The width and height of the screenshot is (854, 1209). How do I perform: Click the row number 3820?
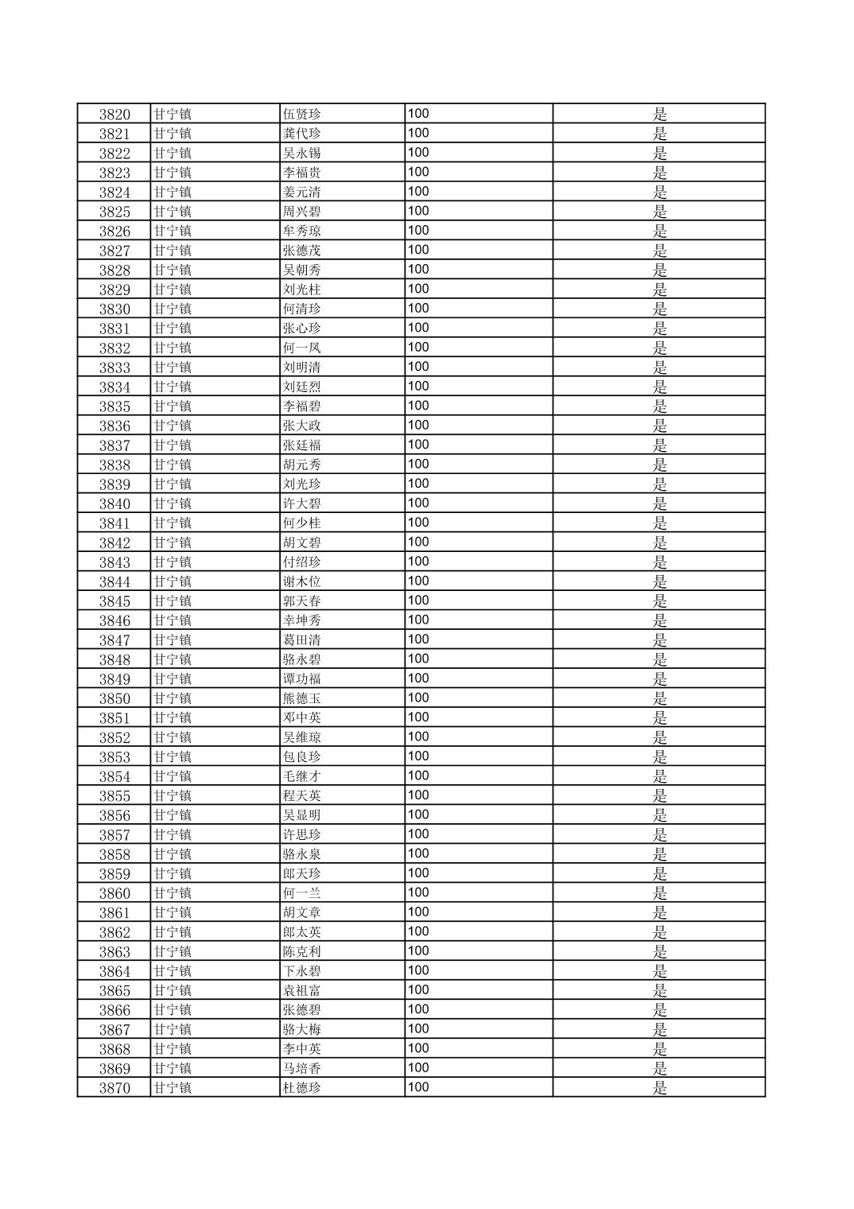[115, 114]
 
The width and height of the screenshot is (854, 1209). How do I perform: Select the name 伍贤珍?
[301, 114]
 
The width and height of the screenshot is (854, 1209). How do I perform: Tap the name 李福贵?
[301, 173]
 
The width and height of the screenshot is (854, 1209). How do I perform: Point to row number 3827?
[115, 251]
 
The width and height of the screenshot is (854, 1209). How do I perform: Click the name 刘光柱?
[301, 290]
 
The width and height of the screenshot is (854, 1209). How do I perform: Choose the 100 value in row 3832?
[418, 348]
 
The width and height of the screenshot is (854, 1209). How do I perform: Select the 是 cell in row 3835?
[659, 406]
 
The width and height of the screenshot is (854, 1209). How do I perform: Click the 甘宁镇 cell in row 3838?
[173, 465]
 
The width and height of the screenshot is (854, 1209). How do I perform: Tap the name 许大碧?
[301, 503]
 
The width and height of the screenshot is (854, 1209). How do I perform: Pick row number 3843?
[115, 562]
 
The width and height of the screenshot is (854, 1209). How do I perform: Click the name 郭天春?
[301, 601]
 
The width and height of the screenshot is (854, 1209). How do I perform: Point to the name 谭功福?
[301, 679]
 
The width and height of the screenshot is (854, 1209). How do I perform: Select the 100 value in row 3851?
[418, 717]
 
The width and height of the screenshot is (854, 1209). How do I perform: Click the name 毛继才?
[301, 776]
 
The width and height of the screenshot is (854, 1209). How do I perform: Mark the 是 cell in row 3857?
[659, 834]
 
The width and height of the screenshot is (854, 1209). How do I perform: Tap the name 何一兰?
[301, 893]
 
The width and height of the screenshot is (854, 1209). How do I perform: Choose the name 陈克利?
[301, 951]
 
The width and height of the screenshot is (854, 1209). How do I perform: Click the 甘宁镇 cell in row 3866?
[173, 1010]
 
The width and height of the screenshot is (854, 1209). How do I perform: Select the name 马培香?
[301, 1068]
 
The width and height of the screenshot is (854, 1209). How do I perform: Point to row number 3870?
[115, 1088]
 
